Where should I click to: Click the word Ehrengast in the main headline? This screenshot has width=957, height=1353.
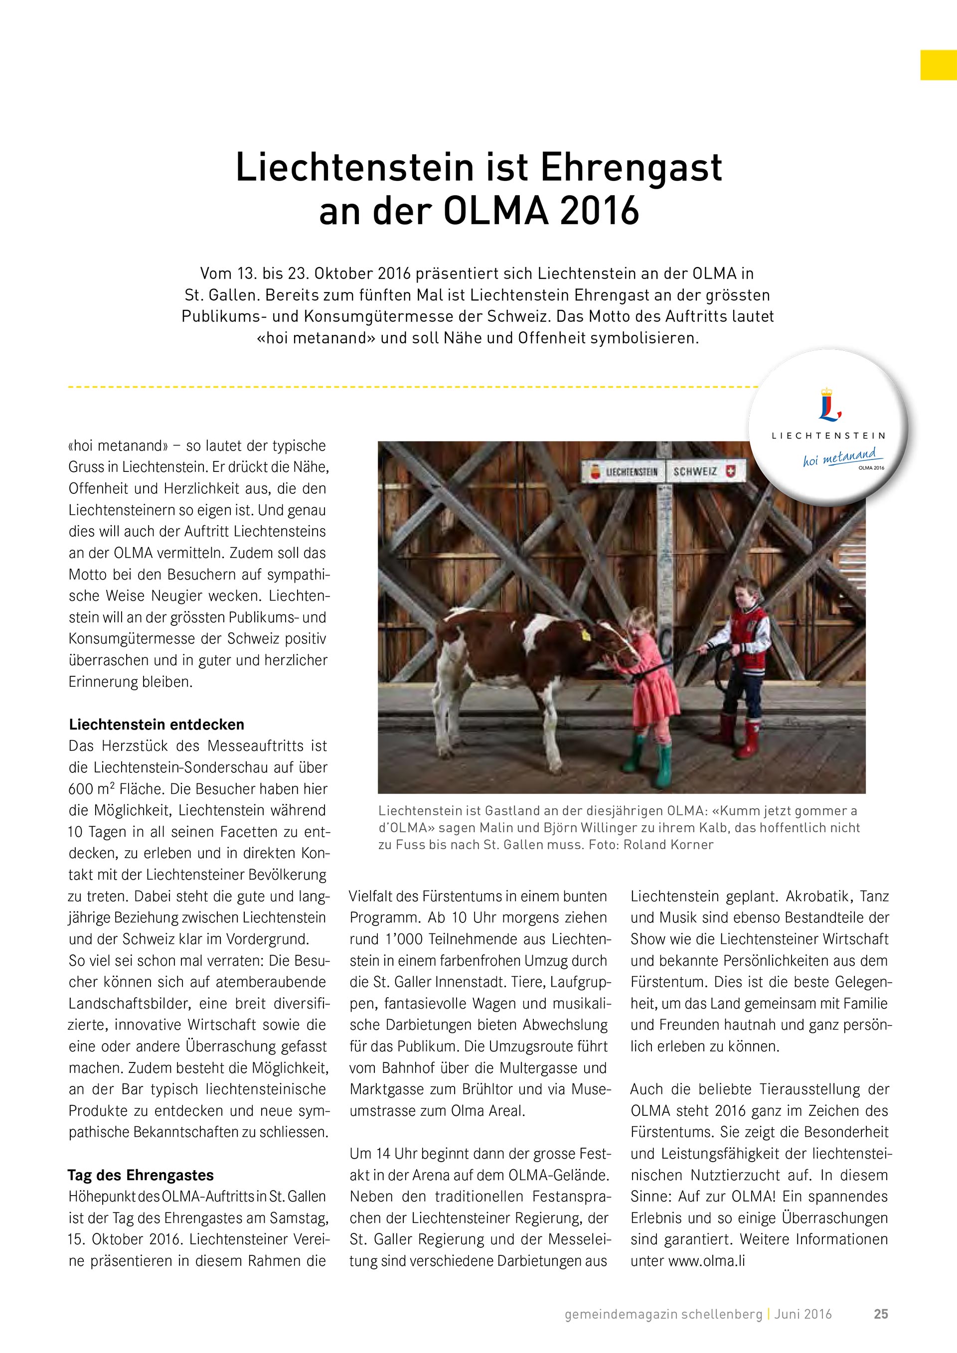pos(631,168)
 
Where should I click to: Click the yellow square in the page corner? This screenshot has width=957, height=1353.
pos(938,65)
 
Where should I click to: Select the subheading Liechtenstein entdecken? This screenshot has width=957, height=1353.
pos(156,724)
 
